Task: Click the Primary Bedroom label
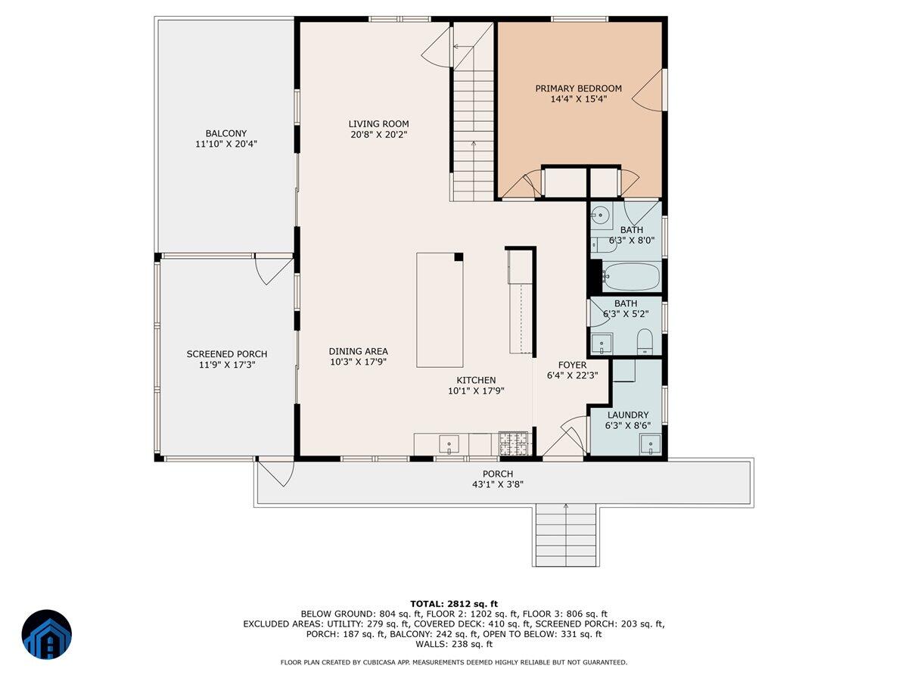pyautogui.click(x=578, y=89)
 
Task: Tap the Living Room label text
pyautogui.click(x=378, y=124)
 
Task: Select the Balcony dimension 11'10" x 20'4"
pyautogui.click(x=226, y=144)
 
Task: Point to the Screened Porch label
pyautogui.click(x=227, y=354)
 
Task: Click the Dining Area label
pyautogui.click(x=358, y=351)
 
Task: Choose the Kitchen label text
pyautogui.click(x=476, y=381)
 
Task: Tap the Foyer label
pyautogui.click(x=572, y=365)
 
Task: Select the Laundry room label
pyautogui.click(x=627, y=415)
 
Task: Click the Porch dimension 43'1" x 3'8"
pyautogui.click(x=503, y=485)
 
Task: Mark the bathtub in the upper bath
pyautogui.click(x=632, y=277)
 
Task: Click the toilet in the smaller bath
pyautogui.click(x=645, y=341)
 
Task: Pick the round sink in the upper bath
pyautogui.click(x=601, y=215)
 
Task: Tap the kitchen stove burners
pyautogui.click(x=513, y=443)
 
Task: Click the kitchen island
pyautogui.click(x=440, y=310)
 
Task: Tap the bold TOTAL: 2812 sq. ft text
pyautogui.click(x=453, y=603)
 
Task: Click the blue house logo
pyautogui.click(x=46, y=634)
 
